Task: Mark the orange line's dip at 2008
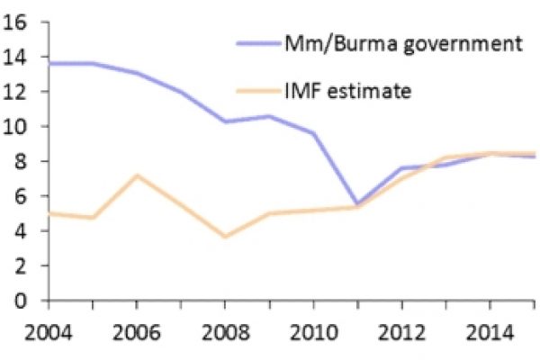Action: [225, 237]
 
